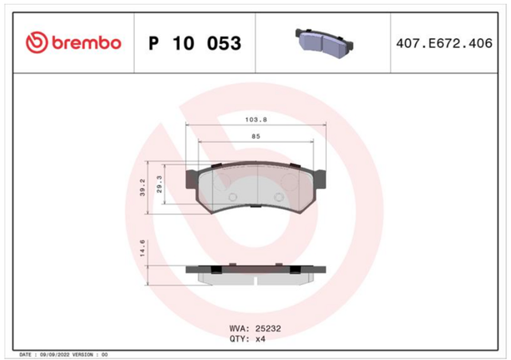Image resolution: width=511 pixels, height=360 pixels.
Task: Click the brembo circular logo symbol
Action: click(37, 42)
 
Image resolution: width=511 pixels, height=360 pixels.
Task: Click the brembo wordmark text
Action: click(87, 43)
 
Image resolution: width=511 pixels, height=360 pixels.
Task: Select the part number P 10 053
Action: click(195, 43)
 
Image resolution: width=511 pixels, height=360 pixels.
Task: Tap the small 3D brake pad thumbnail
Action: click(324, 43)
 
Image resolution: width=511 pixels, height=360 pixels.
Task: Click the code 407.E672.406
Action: click(444, 43)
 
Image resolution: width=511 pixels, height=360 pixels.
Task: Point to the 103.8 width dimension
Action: click(255, 120)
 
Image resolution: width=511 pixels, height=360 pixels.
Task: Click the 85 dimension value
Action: click(255, 136)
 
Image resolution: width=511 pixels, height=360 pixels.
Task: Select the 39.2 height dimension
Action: click(142, 188)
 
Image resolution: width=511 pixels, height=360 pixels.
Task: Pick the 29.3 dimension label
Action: click(160, 184)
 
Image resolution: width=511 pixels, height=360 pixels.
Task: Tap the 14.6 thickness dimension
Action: click(142, 248)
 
